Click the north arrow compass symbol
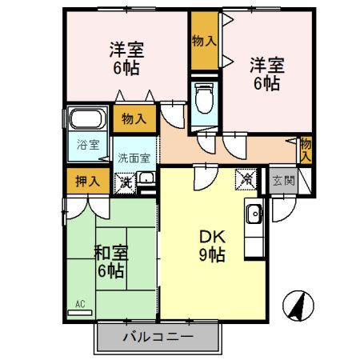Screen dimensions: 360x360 point(298,305)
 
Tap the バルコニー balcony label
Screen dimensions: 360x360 point(158,337)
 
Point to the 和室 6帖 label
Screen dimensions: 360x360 point(110,262)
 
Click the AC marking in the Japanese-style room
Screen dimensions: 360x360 point(80,304)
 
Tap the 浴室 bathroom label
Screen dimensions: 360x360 point(88,145)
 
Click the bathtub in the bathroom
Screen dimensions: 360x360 point(86,121)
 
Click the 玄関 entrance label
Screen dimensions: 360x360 point(282,180)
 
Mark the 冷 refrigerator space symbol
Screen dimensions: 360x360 point(246,181)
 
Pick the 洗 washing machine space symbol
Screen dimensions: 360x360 point(126,182)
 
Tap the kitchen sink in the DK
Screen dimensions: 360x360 point(254,214)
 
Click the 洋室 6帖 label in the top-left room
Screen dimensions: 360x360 point(125,58)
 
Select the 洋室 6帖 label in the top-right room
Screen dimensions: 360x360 point(265,72)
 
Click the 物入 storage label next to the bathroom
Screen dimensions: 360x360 point(134,119)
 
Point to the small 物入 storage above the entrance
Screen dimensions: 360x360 point(306,149)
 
